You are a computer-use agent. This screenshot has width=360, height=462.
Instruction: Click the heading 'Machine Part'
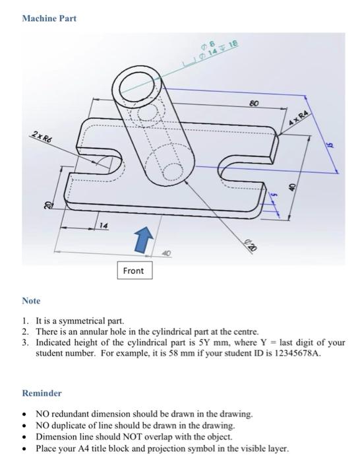[x=49, y=18]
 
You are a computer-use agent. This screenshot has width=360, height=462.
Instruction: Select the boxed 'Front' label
[x=133, y=271]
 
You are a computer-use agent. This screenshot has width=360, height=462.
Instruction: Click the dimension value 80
[x=253, y=104]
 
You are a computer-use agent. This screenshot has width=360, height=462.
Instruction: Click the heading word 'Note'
[x=31, y=301]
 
